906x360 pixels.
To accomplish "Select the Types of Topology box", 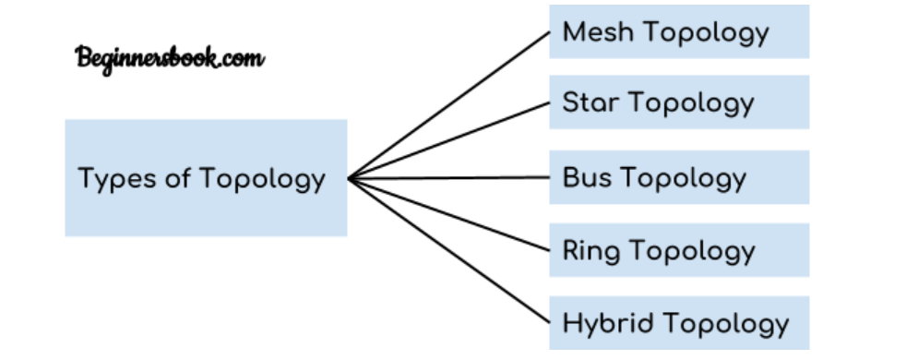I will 206,177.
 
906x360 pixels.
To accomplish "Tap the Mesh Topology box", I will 679,32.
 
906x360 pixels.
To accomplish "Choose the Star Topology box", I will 679,102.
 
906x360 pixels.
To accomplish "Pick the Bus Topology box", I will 679,177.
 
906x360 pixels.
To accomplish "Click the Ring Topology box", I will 679,250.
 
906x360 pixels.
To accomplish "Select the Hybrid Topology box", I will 679,323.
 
